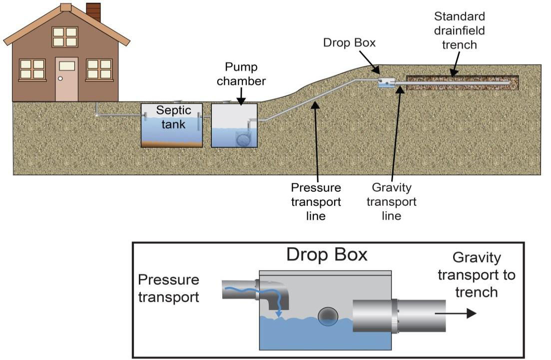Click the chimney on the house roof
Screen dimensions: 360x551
point(93,12)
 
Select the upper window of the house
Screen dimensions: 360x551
point(65,37)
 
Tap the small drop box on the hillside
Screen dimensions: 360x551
point(386,83)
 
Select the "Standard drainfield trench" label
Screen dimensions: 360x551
point(460,30)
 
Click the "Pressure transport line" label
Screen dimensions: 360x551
point(316,202)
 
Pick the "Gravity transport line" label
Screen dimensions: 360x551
point(394,202)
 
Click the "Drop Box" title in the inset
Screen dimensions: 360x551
point(327,255)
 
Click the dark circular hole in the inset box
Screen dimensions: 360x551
point(328,316)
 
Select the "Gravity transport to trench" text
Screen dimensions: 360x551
point(477,275)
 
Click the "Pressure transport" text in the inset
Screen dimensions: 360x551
point(168,289)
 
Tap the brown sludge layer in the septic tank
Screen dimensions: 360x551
point(171,144)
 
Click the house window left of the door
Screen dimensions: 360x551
point(32,69)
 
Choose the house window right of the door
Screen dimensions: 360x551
point(99,69)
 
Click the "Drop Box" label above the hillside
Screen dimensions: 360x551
point(349,43)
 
